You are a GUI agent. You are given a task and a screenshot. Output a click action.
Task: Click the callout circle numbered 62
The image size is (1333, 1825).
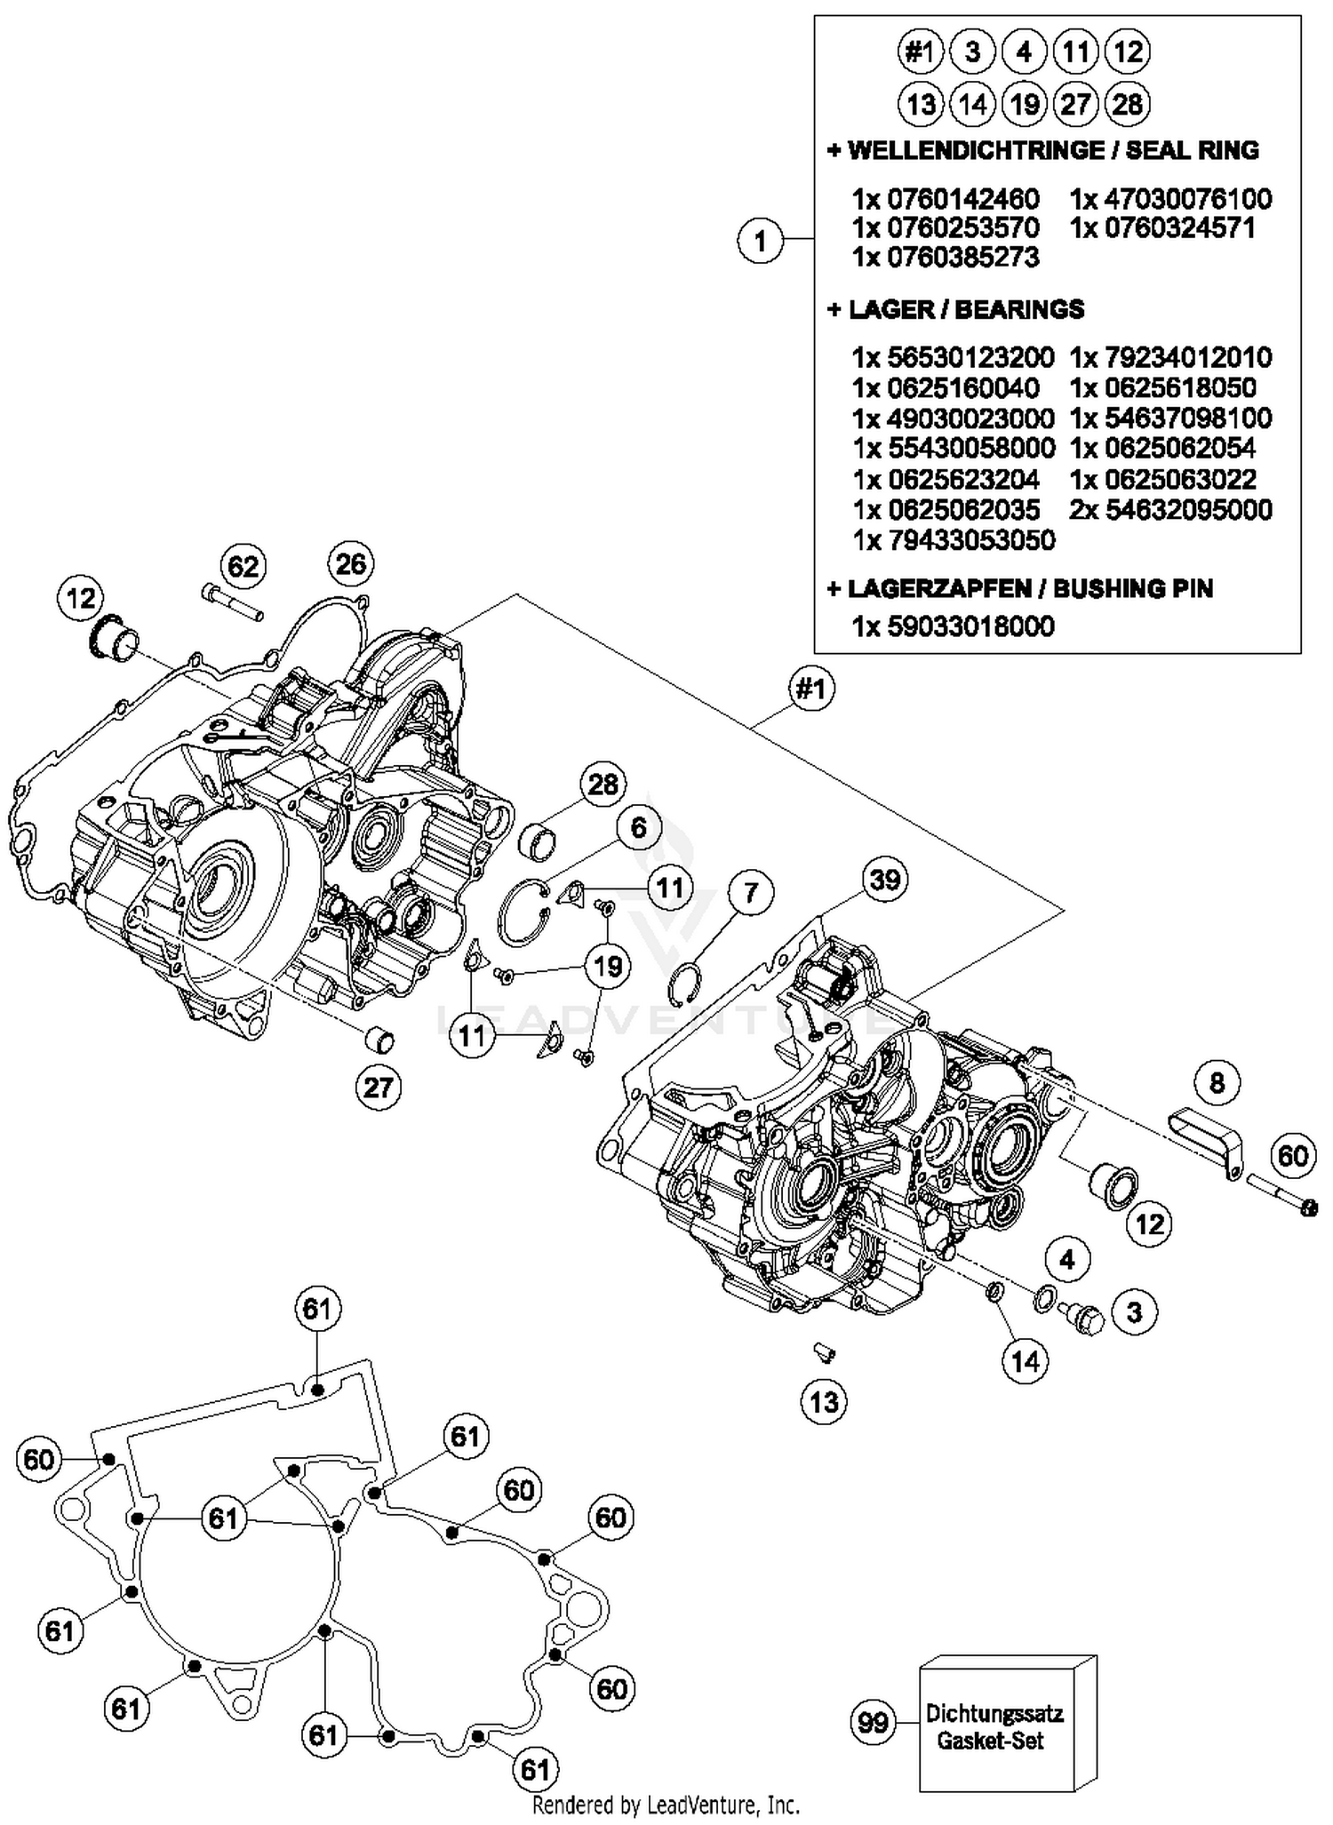coord(243,566)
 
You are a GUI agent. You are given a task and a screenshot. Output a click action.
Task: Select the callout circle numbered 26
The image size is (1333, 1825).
coord(351,563)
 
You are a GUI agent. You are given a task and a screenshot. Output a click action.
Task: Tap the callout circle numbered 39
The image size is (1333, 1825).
coord(884,881)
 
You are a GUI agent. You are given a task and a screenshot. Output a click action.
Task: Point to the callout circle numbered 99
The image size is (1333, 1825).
coord(873,1722)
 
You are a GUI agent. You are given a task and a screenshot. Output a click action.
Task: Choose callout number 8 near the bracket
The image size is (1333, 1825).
coord(1217,1082)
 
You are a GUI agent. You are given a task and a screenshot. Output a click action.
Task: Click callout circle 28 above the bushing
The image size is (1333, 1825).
coord(603,785)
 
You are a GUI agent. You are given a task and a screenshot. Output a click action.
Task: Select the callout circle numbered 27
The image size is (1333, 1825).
coord(379,1087)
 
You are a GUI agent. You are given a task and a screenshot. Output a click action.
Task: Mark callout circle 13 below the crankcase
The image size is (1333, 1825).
coord(824,1402)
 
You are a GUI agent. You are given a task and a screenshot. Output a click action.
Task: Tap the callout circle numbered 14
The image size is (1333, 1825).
coord(1025,1360)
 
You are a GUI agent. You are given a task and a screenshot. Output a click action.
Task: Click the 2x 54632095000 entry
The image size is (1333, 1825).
coord(1170,510)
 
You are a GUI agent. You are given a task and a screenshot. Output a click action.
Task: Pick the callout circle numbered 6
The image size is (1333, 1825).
coord(639,828)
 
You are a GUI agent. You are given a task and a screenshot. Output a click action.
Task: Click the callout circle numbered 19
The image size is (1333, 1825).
coord(608,966)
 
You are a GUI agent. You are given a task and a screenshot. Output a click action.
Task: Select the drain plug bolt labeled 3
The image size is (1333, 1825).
coord(1082,1318)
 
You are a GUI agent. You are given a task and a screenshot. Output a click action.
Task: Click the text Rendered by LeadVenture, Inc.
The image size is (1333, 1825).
coord(666,1805)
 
